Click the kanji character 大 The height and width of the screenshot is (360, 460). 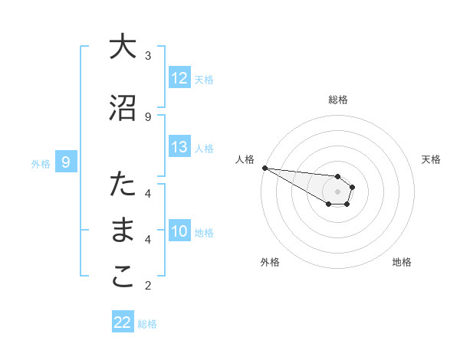click(x=123, y=47)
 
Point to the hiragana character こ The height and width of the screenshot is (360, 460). click(x=123, y=277)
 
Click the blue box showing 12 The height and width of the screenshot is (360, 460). click(x=179, y=79)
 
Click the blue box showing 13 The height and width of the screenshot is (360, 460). click(x=179, y=148)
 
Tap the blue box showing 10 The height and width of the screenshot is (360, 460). click(x=179, y=232)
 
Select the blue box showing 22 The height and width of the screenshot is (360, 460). click(x=123, y=323)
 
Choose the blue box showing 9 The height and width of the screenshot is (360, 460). click(x=67, y=162)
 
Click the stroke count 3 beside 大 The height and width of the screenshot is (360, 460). click(x=148, y=56)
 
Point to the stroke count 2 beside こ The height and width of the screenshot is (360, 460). click(x=148, y=286)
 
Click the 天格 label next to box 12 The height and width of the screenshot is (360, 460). click(x=204, y=80)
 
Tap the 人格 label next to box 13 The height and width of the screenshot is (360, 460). click(x=204, y=149)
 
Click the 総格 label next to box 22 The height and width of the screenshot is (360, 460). click(x=147, y=324)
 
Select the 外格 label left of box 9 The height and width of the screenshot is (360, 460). click(x=41, y=163)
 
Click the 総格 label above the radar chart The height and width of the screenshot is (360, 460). click(x=338, y=100)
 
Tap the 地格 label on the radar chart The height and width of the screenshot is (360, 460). click(x=402, y=262)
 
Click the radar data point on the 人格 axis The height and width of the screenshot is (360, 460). click(x=264, y=168)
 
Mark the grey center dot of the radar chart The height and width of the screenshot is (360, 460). click(x=338, y=191)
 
